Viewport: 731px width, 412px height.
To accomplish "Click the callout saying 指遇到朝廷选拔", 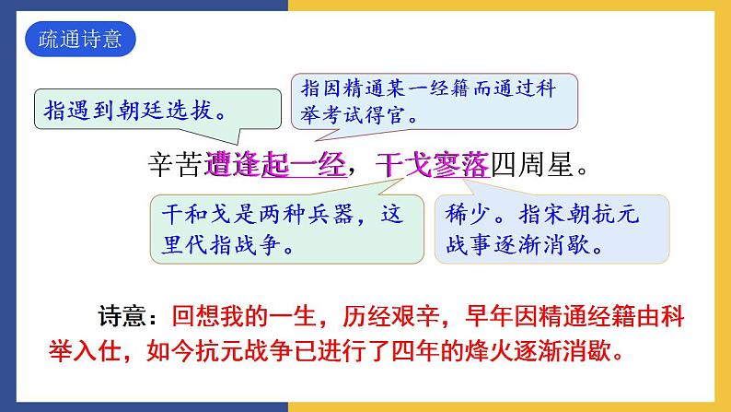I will pyautogui.click(x=134, y=112).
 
